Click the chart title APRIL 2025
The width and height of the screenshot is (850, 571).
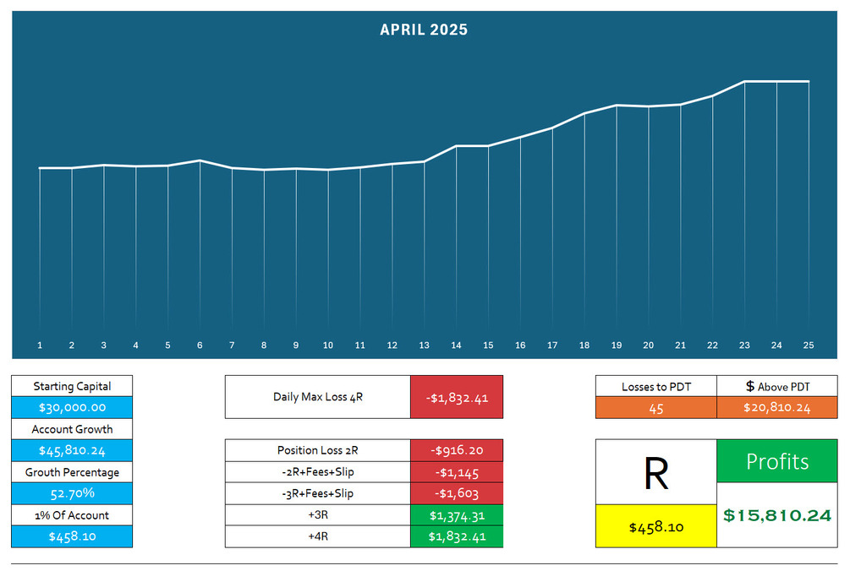click(x=424, y=30)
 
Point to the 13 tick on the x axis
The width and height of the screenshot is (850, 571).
click(x=424, y=345)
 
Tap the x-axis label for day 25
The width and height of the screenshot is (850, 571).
click(x=808, y=345)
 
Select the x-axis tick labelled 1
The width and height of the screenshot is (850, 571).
click(x=40, y=345)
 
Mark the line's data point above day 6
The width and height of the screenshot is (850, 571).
click(x=200, y=160)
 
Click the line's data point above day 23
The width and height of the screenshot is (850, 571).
click(x=744, y=82)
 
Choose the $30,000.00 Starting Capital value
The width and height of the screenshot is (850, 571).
click(x=72, y=407)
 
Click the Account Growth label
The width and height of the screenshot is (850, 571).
click(x=72, y=429)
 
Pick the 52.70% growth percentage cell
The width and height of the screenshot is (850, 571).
click(x=72, y=493)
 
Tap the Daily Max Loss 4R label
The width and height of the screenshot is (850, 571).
click(x=317, y=397)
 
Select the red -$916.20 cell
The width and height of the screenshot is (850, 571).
click(x=457, y=450)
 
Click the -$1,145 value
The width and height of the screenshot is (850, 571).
click(x=457, y=472)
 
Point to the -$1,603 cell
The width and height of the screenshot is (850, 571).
click(x=457, y=493)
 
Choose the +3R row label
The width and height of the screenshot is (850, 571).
click(x=317, y=515)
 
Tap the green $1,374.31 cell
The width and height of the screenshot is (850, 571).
click(x=457, y=515)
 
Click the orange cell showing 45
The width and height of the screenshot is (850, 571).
click(x=656, y=408)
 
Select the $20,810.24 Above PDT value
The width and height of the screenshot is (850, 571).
click(x=777, y=408)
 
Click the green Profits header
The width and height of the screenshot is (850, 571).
click(x=777, y=461)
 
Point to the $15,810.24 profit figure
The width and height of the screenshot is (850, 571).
click(x=777, y=515)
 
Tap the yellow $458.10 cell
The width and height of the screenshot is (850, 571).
click(x=656, y=527)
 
